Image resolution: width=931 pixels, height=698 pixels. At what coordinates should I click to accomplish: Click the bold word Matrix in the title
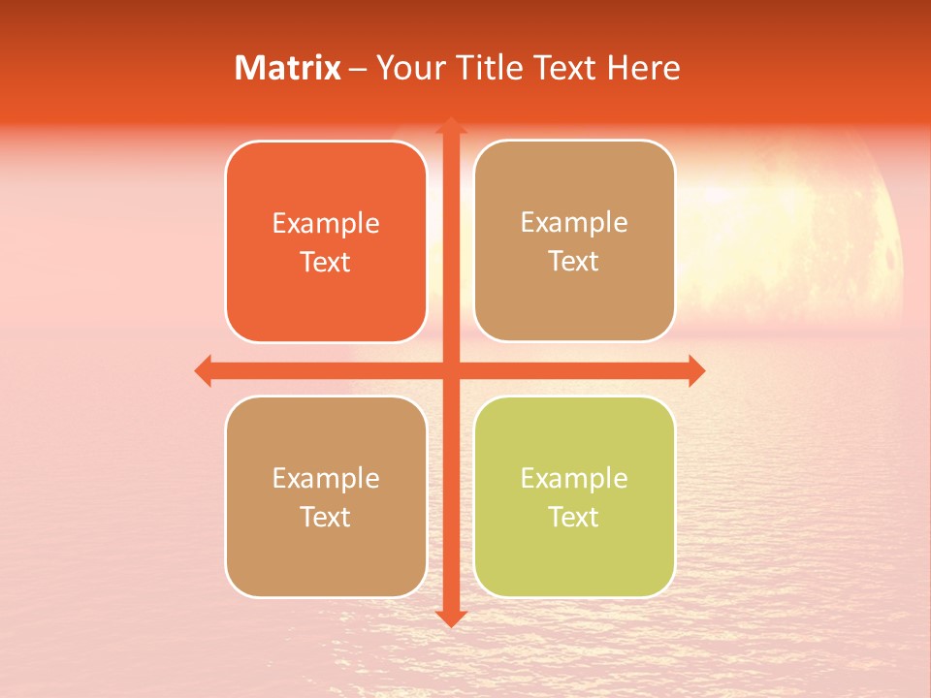[288, 68]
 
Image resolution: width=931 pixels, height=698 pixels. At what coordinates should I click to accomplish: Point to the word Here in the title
[644, 68]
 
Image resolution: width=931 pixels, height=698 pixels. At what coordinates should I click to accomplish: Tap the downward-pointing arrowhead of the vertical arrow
[450, 619]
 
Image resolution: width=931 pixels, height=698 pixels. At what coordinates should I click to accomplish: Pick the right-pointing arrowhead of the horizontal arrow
[696, 370]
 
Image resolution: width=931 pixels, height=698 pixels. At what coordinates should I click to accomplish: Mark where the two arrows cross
[450, 370]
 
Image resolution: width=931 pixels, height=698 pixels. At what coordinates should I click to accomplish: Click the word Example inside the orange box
[326, 224]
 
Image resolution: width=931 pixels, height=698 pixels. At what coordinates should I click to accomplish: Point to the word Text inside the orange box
[326, 263]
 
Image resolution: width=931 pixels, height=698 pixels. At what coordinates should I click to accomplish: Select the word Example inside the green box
[574, 478]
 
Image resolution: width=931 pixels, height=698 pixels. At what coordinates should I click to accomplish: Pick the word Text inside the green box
[574, 517]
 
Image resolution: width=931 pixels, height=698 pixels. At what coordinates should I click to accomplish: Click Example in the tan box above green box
[574, 223]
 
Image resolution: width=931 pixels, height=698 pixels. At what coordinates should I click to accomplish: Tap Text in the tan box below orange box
[326, 517]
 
